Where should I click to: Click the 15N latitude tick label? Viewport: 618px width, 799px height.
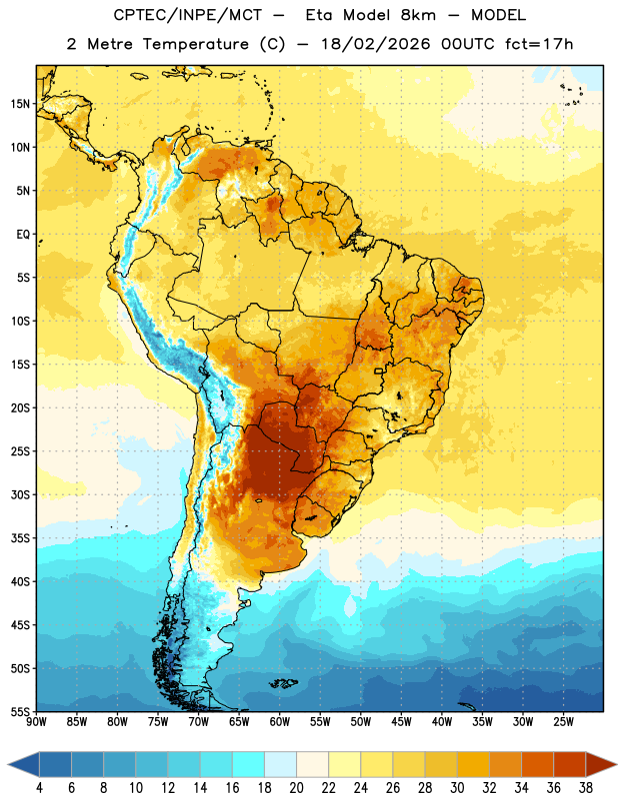(20, 104)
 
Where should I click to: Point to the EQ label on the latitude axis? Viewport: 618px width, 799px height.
(23, 235)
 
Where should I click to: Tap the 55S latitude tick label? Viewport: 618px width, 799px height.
(20, 711)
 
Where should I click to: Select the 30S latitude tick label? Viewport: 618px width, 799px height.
(20, 494)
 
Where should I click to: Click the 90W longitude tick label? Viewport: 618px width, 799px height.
(36, 721)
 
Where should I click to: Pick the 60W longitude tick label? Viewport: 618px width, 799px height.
(280, 721)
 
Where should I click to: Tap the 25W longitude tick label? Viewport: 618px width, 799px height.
(563, 721)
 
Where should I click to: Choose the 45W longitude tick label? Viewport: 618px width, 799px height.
(401, 721)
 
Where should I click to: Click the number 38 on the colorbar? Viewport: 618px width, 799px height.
(585, 788)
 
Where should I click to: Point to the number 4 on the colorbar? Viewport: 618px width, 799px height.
(39, 788)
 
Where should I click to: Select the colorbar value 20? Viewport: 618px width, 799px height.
(296, 788)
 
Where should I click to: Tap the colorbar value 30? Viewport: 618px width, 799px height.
(457, 788)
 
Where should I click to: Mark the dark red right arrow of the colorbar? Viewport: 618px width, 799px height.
(600, 764)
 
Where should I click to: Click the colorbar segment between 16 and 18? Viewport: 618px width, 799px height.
(249, 764)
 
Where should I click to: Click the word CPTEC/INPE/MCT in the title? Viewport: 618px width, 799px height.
(187, 15)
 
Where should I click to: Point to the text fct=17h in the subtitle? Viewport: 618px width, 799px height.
(539, 44)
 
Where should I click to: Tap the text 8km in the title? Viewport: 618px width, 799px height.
(418, 15)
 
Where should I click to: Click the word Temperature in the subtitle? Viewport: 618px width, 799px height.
(195, 45)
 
